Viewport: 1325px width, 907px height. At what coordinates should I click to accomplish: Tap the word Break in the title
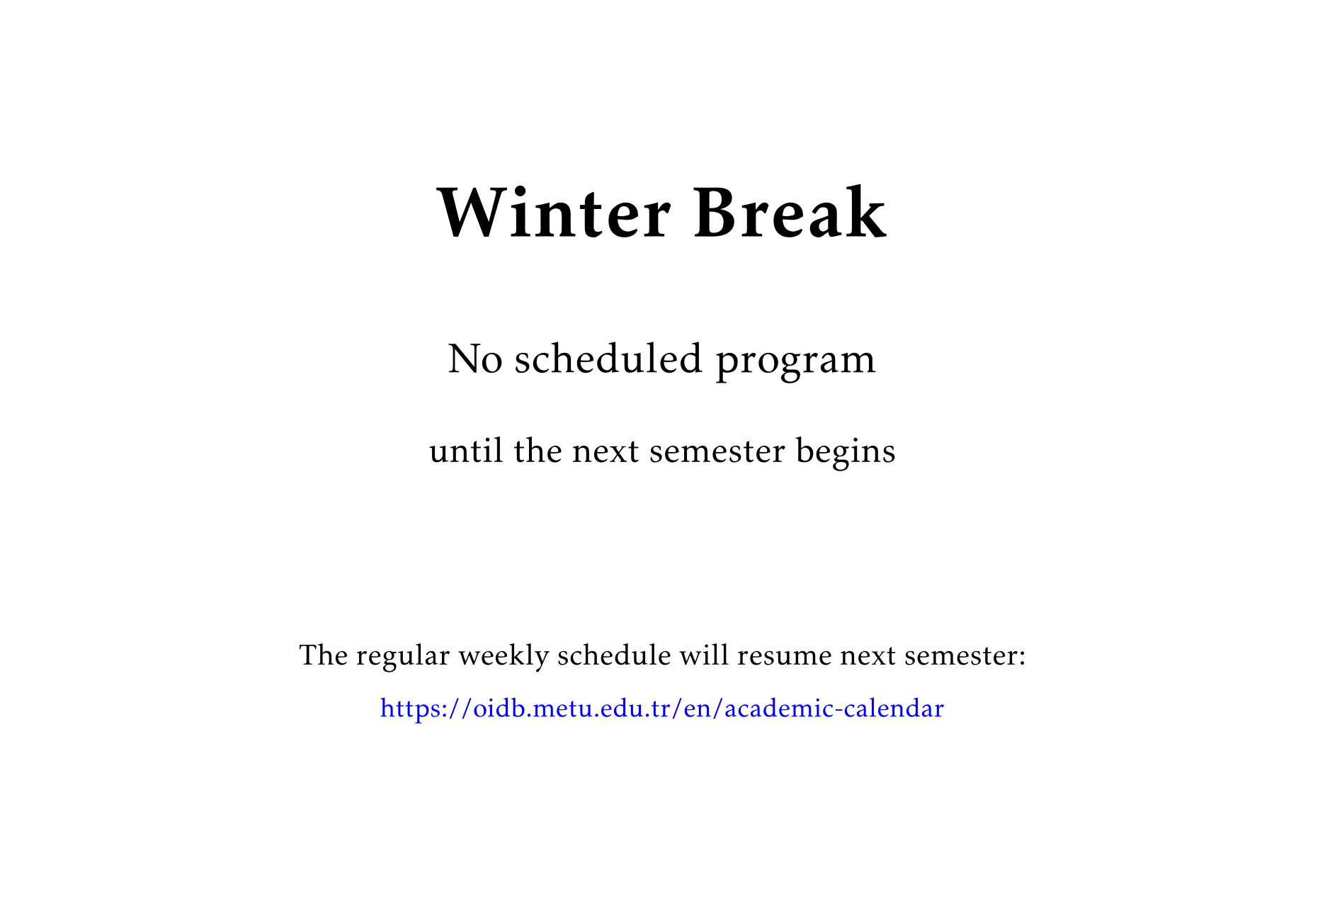(790, 213)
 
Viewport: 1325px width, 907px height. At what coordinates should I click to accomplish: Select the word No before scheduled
(475, 359)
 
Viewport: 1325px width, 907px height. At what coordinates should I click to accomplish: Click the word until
(466, 451)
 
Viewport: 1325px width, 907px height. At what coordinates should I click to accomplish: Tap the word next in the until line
(605, 451)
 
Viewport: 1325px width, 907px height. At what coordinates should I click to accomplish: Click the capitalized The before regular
(323, 655)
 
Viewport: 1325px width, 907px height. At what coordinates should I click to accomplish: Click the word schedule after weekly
(614, 655)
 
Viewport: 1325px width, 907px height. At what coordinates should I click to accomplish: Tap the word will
(704, 655)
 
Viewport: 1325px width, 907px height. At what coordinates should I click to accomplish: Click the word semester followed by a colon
(965, 655)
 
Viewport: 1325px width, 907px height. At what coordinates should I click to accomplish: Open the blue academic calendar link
(661, 709)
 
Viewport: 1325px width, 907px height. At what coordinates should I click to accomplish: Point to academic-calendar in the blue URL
(834, 709)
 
